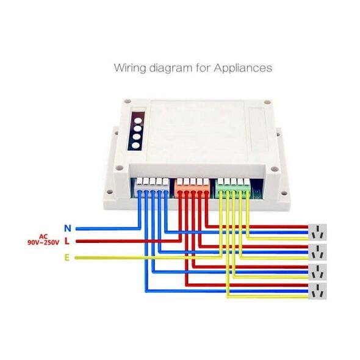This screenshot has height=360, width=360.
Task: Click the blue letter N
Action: click(x=68, y=228)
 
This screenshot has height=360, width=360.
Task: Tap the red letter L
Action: click(x=67, y=241)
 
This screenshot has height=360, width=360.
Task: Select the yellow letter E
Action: click(x=67, y=258)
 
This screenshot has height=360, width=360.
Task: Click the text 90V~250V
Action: click(x=43, y=242)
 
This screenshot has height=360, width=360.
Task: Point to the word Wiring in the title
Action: click(x=130, y=68)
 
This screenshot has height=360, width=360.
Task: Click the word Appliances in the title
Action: click(x=243, y=68)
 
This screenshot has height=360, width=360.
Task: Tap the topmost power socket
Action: click(x=317, y=232)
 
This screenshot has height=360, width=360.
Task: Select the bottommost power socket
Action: click(x=317, y=291)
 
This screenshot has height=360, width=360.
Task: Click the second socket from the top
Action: click(x=317, y=252)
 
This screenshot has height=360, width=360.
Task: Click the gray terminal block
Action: click(x=153, y=187)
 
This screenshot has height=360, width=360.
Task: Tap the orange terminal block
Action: click(x=192, y=187)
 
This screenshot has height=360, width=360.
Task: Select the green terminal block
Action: click(x=233, y=187)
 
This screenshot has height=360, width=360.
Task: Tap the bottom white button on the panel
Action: click(x=135, y=146)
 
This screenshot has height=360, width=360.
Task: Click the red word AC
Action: click(x=43, y=237)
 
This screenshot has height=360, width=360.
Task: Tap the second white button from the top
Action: click(x=137, y=129)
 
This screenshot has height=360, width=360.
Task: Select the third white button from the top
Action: click(x=137, y=137)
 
